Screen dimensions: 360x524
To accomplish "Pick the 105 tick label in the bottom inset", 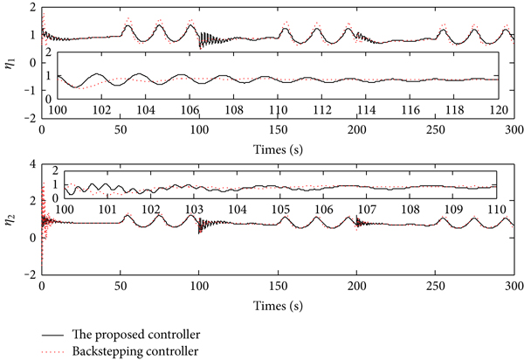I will [x=280, y=210].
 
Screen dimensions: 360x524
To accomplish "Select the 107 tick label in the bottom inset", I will [x=366, y=210].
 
